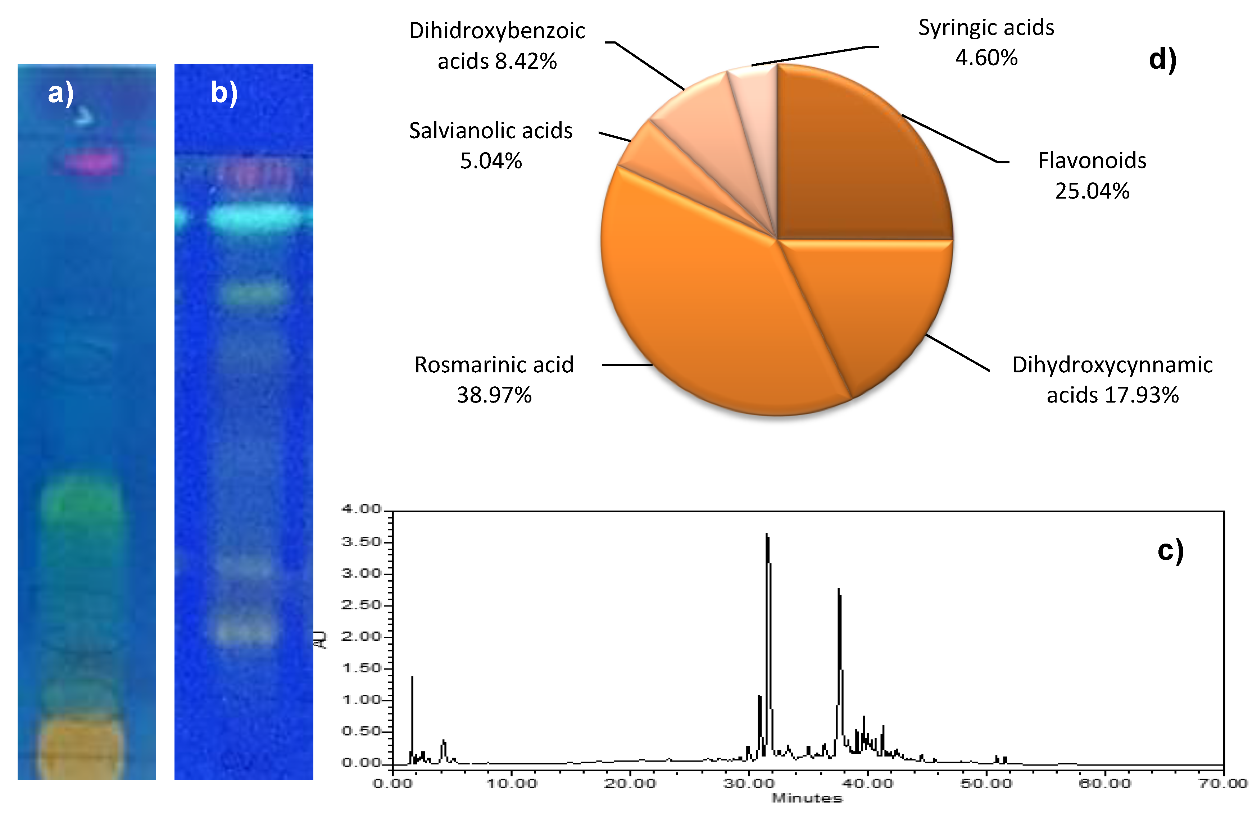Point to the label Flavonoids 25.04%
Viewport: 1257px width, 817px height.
(x=1092, y=175)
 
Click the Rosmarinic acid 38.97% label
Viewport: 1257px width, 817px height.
(x=494, y=379)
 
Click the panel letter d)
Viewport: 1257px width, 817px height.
(x=1162, y=59)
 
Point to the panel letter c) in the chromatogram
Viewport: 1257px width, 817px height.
(x=1170, y=551)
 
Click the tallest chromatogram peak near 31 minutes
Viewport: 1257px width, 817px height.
(x=767, y=536)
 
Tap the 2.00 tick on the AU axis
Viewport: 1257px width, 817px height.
(x=361, y=636)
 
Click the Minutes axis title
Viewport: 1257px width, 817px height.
(x=807, y=798)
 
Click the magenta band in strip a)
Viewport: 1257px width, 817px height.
(x=92, y=162)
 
